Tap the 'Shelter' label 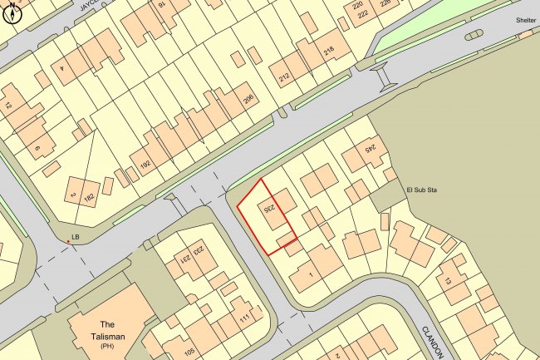[x=525, y=20]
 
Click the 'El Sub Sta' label [x=420, y=190]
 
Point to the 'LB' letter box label [x=76, y=237]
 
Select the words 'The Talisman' [x=107, y=330]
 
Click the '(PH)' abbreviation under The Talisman [x=107, y=344]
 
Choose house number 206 [x=247, y=99]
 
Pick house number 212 [x=285, y=80]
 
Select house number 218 [x=329, y=53]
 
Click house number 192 [x=145, y=165]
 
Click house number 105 [x=189, y=353]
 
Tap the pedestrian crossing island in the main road [x=384, y=78]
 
